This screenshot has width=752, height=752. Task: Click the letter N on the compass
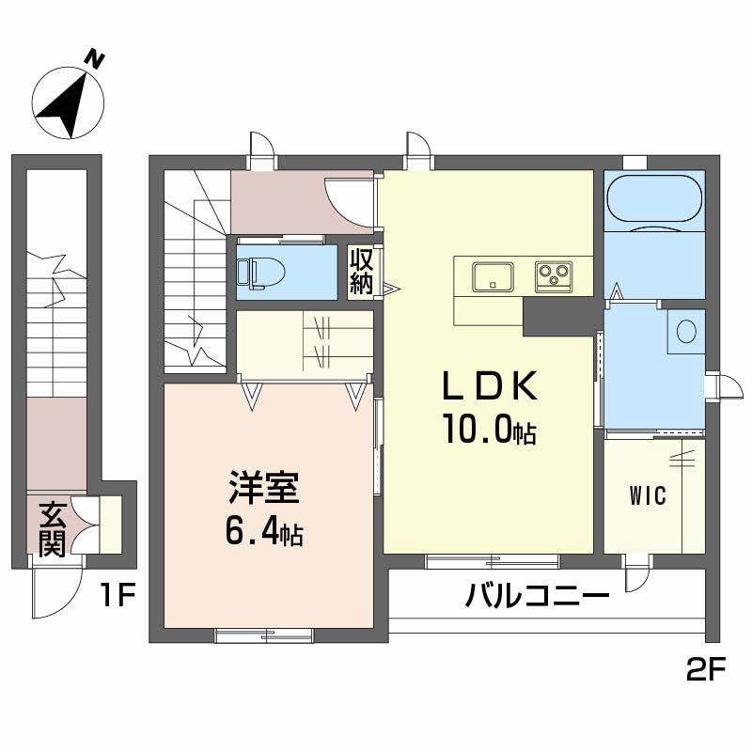(95, 60)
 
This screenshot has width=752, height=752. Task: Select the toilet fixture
(261, 274)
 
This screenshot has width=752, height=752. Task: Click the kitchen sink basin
(493, 277)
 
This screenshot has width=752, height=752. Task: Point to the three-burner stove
(554, 276)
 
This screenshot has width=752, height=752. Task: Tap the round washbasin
(686, 331)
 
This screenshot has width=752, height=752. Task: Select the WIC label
(648, 495)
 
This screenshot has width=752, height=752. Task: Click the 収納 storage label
(361, 272)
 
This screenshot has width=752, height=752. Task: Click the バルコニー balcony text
(537, 596)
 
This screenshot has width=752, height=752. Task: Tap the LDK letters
(489, 386)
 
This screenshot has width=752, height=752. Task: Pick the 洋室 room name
(264, 488)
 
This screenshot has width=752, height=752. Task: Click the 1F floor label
(118, 595)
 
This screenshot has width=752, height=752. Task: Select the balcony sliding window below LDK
(493, 561)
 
